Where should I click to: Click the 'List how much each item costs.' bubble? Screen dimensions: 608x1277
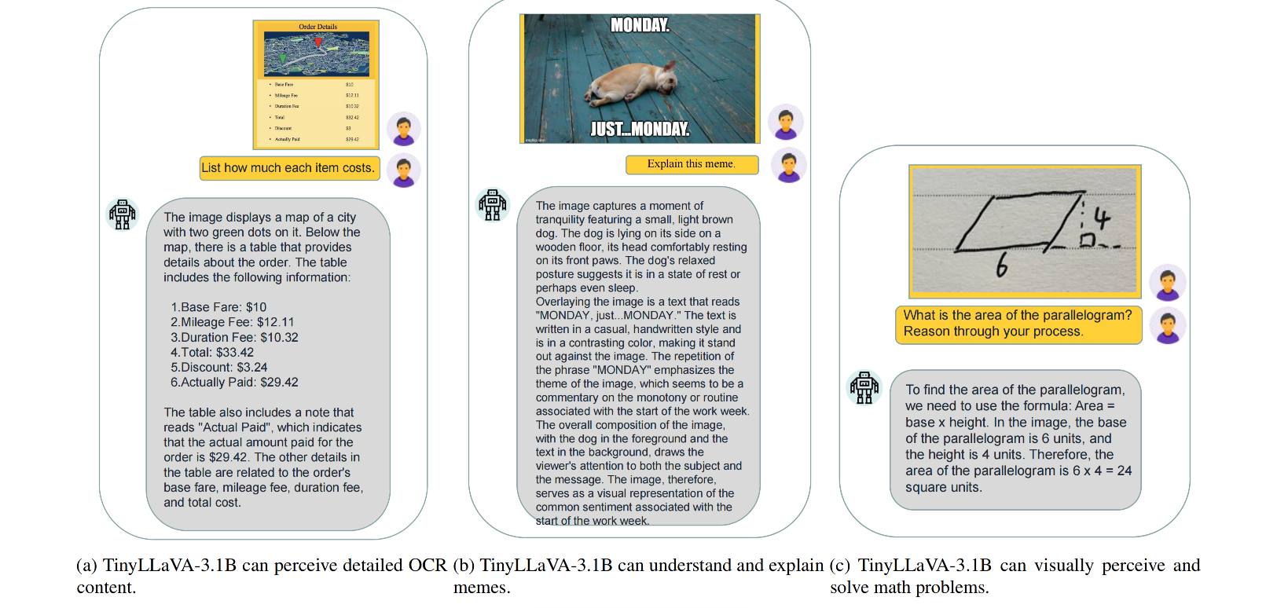point(288,168)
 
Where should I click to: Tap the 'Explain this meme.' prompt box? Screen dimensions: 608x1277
point(692,164)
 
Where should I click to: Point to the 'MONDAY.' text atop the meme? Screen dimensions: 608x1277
point(640,25)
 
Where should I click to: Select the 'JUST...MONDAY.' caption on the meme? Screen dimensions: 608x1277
point(640,129)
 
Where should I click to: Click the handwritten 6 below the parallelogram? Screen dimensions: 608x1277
point(1001,267)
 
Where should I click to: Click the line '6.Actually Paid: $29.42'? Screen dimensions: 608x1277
point(235,383)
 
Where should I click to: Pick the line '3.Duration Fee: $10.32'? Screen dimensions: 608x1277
point(235,338)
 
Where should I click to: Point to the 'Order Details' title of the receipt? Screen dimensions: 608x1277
point(317,27)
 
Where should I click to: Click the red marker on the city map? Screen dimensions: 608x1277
point(318,42)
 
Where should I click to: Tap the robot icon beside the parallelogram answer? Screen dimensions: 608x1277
point(864,387)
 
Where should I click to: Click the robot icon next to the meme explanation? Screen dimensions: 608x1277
point(493,205)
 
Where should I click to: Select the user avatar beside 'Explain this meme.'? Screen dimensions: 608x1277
point(788,165)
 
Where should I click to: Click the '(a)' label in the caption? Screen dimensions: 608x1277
point(86,566)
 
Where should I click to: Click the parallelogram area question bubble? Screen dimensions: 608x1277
point(1018,324)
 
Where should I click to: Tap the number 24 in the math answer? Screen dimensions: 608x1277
point(1125,471)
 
